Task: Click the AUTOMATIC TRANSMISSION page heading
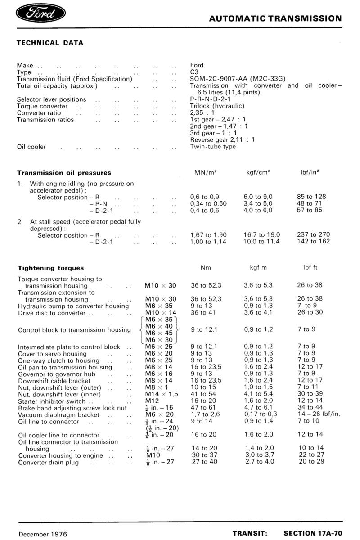pyautogui.click(x=276, y=19)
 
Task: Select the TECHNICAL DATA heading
pyautogui.click(x=50, y=43)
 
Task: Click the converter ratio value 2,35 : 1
pyautogui.click(x=202, y=113)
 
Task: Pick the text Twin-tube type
pyautogui.click(x=213, y=147)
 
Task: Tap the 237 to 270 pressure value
pyautogui.click(x=314, y=234)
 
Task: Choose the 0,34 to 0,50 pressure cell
pyautogui.click(x=208, y=203)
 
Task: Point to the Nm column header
pyautogui.click(x=206, y=268)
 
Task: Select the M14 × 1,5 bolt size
pyautogui.click(x=162, y=394)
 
